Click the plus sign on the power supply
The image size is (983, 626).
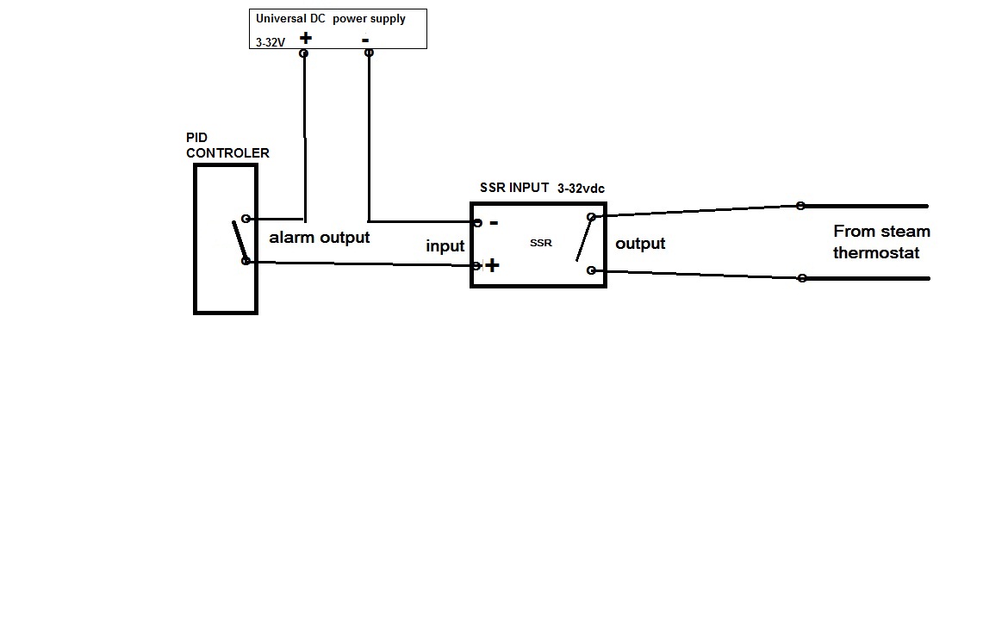coord(305,38)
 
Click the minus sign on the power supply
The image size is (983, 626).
coord(365,40)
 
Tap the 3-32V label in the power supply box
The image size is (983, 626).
coord(270,40)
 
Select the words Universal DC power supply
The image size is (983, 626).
coord(331,18)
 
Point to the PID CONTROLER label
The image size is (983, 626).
coord(227,146)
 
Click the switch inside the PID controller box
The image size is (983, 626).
coord(239,241)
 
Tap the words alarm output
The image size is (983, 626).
coord(320,238)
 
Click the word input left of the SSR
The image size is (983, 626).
coord(445,246)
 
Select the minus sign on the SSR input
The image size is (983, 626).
coord(494,222)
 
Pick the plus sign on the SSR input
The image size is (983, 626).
coord(492,265)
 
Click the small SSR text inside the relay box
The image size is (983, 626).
coord(541,243)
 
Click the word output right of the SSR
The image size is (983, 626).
coord(640,244)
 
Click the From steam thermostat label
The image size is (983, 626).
coord(880,242)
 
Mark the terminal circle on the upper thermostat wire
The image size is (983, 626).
coord(801,206)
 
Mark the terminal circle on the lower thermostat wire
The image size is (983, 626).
coord(802,278)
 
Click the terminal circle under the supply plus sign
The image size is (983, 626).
coord(303,53)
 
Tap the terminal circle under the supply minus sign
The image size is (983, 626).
coord(369,53)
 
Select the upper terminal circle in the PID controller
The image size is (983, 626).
coord(246,220)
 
